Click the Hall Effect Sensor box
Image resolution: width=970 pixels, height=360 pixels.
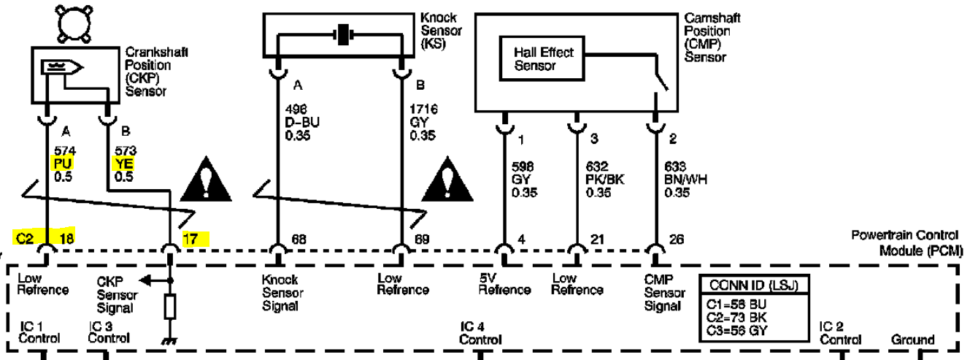click(x=542, y=58)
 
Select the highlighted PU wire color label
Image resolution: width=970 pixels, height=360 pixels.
click(x=62, y=164)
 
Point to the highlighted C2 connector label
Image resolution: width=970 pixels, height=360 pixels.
click(x=25, y=238)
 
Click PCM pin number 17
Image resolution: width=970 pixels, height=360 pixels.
click(x=190, y=239)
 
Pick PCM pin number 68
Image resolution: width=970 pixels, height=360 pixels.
click(x=299, y=239)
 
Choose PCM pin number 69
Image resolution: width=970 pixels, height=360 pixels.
click(x=422, y=239)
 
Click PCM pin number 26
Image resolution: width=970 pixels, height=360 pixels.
click(x=677, y=239)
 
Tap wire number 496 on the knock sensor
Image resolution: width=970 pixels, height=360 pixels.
click(x=296, y=110)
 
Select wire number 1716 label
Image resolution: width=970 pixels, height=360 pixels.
click(x=423, y=109)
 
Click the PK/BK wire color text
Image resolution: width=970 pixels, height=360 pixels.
click(x=605, y=180)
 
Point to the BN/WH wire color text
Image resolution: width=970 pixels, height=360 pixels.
click(x=685, y=180)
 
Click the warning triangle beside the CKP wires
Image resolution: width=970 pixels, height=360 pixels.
click(x=206, y=180)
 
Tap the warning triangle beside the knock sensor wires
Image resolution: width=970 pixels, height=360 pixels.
click(x=447, y=180)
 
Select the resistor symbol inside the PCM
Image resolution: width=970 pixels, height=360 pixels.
click(x=170, y=307)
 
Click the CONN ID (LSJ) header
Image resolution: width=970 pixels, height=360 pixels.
click(x=753, y=285)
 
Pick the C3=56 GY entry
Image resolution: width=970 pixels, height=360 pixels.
click(x=736, y=331)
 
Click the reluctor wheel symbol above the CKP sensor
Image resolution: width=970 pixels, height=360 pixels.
click(x=74, y=24)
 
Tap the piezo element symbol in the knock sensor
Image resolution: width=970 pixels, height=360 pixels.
click(x=343, y=34)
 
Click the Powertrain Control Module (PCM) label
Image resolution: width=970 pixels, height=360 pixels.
click(x=907, y=242)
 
